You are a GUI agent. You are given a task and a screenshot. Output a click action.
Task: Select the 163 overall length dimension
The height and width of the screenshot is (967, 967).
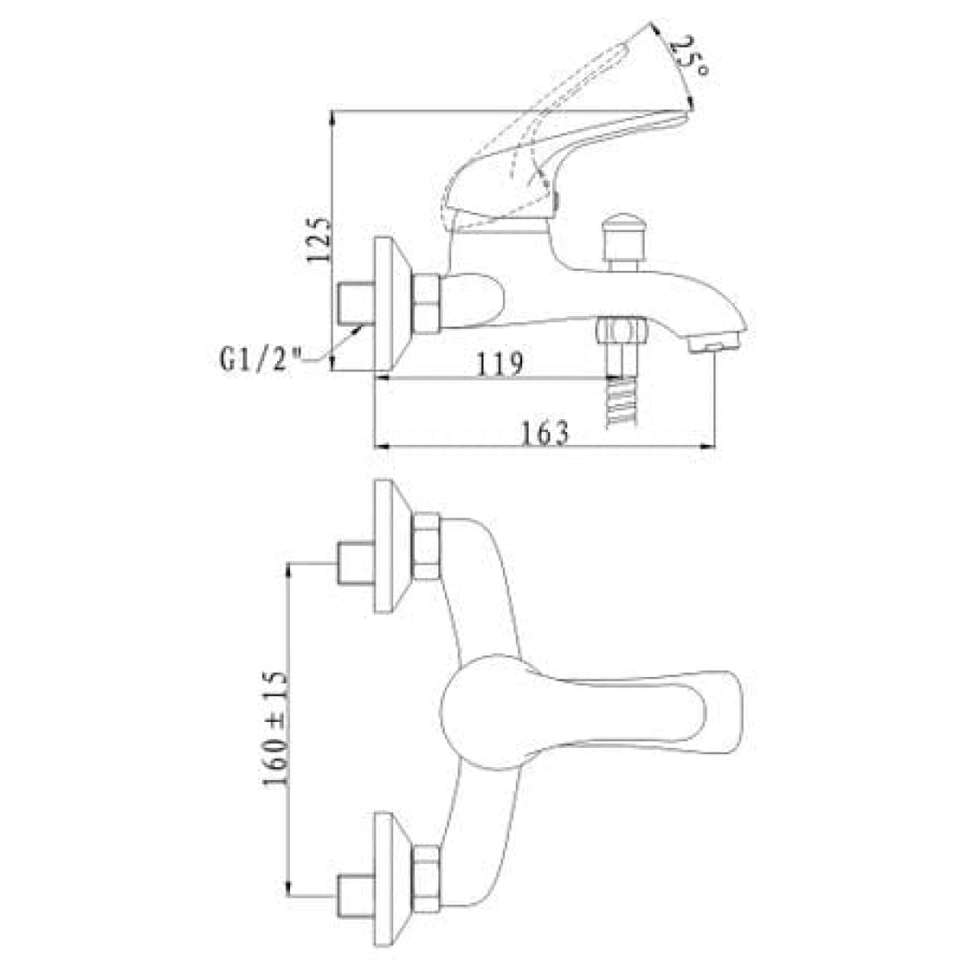pos(546,433)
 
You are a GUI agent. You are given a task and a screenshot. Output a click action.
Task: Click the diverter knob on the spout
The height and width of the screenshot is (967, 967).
pos(625,243)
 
